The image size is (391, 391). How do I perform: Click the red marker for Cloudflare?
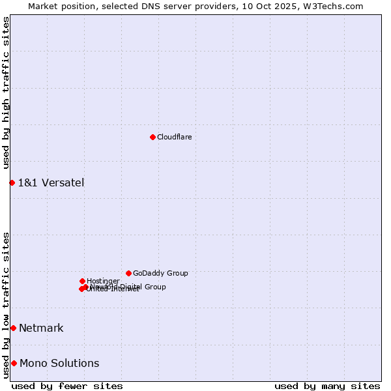tap(152, 137)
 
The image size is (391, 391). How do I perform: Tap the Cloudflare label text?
tap(174, 138)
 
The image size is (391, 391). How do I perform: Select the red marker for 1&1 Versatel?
tap(12, 182)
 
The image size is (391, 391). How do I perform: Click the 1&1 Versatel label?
tap(51, 182)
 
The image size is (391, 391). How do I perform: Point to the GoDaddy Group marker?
tap(128, 273)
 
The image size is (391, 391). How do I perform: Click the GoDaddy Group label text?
tap(160, 274)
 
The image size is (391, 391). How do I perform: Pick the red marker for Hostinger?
tap(82, 281)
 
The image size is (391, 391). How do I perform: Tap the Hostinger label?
tap(103, 282)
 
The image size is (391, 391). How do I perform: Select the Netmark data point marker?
tap(13, 328)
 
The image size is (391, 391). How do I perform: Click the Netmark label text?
tap(41, 328)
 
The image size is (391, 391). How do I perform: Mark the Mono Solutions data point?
tap(14, 363)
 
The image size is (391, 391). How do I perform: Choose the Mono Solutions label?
tap(59, 363)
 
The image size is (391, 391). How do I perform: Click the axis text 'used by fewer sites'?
tap(67, 386)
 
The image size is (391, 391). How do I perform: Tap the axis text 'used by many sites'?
tap(327, 386)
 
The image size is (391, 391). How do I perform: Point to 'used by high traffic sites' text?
tap(6, 93)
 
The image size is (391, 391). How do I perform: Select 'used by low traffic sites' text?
tap(6, 304)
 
